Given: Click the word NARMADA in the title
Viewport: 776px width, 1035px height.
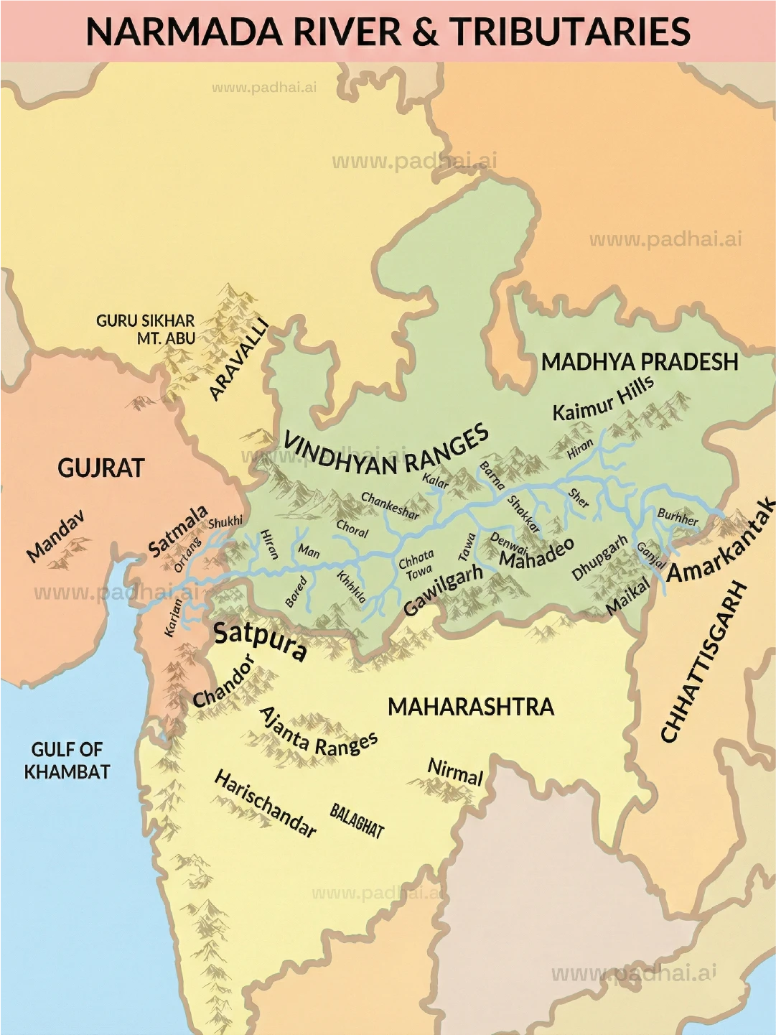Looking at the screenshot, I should (182, 32).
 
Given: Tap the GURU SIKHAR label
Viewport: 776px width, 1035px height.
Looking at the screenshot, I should (145, 320).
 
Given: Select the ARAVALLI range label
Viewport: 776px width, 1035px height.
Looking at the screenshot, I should (239, 359).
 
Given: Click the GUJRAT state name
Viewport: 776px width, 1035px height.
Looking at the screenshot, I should (101, 468).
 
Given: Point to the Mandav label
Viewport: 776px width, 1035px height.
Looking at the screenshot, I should (55, 535).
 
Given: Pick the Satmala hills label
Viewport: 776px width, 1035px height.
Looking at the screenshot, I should (178, 532).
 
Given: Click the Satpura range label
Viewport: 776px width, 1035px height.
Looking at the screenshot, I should (261, 641).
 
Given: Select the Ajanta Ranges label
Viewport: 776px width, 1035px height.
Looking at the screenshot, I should (317, 731).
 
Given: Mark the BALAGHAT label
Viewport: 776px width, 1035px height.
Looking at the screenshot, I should (357, 821).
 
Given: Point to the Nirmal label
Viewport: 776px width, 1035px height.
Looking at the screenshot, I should (455, 772).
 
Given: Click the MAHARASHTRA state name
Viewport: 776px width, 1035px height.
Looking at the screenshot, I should (471, 707).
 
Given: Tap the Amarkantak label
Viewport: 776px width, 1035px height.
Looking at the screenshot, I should (721, 540).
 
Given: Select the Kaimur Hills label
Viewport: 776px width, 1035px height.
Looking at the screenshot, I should (603, 399).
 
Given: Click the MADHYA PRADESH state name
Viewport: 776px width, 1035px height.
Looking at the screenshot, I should (640, 361).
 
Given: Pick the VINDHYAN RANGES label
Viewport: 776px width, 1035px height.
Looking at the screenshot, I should (386, 451).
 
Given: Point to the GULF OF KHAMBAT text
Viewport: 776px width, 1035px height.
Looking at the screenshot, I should (67, 761).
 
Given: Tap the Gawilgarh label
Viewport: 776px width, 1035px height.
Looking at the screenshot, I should (442, 590).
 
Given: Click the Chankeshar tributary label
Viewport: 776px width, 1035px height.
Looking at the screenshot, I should (390, 505).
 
